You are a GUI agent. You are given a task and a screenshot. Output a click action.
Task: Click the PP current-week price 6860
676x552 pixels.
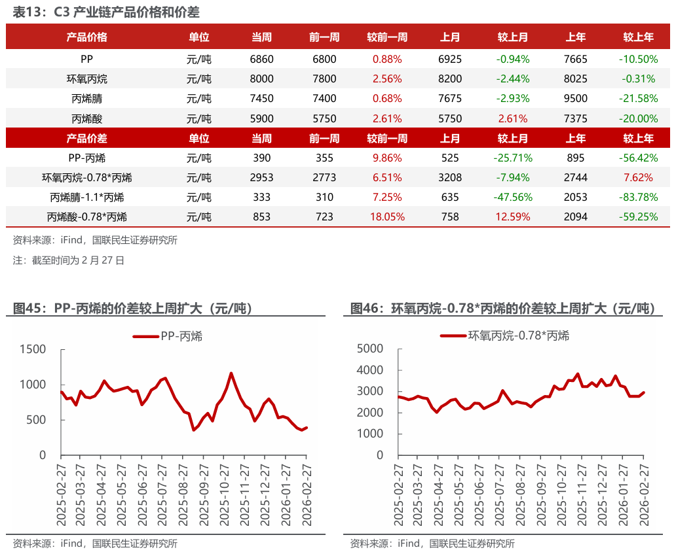[x=261, y=59]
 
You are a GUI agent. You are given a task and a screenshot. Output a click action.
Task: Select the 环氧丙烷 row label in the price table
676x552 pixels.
[x=87, y=79]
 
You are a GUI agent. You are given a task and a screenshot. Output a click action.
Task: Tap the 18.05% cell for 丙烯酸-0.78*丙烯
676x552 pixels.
[x=387, y=217]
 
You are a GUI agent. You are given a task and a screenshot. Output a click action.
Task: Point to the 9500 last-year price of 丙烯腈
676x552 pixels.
[x=576, y=99]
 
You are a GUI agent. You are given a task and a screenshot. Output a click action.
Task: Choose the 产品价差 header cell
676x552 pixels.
[x=87, y=139]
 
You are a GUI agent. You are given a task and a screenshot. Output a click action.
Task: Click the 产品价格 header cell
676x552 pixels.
[x=87, y=37]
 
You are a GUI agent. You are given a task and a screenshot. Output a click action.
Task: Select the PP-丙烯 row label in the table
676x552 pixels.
[x=87, y=158]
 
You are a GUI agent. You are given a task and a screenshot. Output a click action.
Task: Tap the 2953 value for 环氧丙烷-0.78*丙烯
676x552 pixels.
[x=261, y=178]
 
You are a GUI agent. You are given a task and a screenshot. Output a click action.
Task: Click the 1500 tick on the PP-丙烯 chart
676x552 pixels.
[x=33, y=349]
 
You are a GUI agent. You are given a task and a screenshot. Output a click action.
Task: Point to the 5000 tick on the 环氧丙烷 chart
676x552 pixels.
[x=370, y=349]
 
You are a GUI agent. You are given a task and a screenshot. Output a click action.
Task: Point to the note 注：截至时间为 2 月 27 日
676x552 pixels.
[x=69, y=260]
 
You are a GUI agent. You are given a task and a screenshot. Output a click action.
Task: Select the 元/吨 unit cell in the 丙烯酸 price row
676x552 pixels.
[x=199, y=119]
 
